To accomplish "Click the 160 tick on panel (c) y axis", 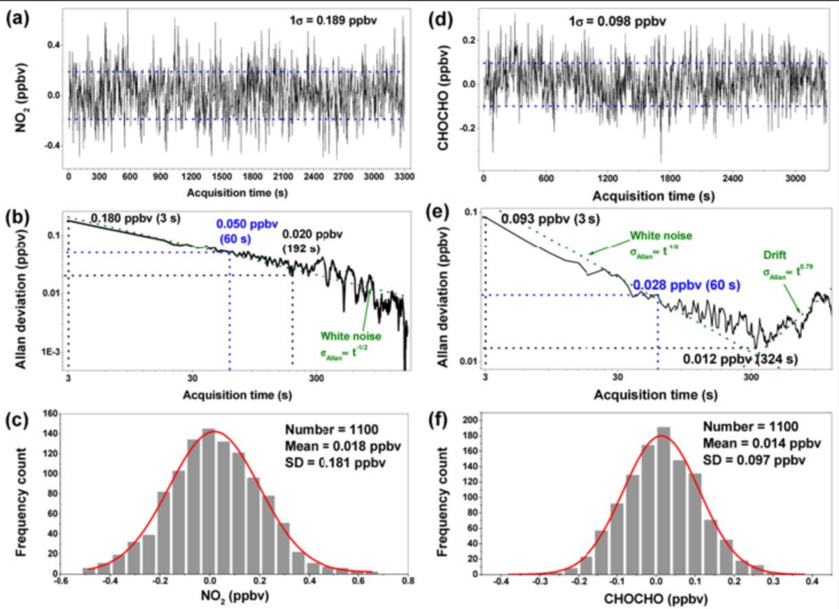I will click(50, 413).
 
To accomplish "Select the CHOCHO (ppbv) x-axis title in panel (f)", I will click(646, 600).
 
